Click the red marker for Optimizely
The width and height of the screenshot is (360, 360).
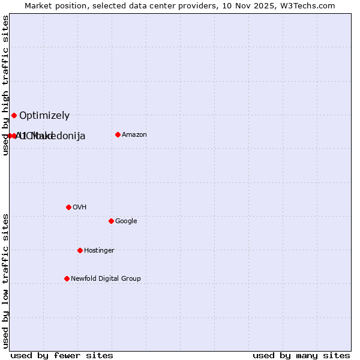coord(14,115)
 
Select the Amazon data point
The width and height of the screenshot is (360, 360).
coord(118,134)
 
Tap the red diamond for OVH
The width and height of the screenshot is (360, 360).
coord(68,207)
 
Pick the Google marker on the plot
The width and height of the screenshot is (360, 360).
coord(111,221)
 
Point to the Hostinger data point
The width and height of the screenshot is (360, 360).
coord(80,250)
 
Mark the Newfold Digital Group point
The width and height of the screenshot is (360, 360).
coord(67,278)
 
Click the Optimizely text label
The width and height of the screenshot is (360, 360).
coord(44,116)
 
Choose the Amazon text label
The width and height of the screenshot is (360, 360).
coord(134,135)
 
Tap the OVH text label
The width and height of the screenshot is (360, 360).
coord(80,208)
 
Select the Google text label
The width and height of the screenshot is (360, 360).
coord(126,221)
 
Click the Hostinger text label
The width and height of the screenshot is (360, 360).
coord(99,251)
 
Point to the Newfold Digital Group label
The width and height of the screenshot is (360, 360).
coord(106,279)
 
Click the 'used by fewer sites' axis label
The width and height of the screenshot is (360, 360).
coord(62,355)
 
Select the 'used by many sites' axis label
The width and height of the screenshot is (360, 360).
coord(301,355)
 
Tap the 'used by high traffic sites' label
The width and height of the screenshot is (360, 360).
coord(6,86)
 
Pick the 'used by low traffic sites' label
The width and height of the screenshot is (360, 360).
coord(6,280)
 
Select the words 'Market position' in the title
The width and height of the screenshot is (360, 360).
coord(53,6)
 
